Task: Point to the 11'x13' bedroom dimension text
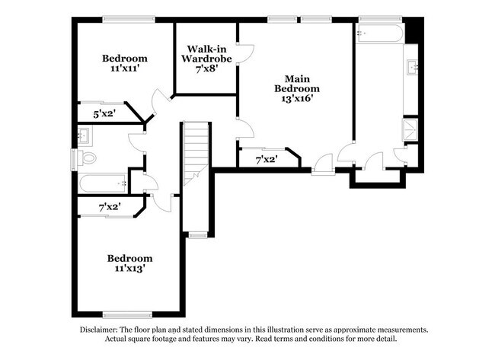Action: point(129,268)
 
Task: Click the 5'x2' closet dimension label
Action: point(105,114)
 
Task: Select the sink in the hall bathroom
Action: point(85,136)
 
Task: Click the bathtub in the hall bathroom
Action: point(103,183)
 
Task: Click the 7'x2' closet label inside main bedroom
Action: point(265,160)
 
